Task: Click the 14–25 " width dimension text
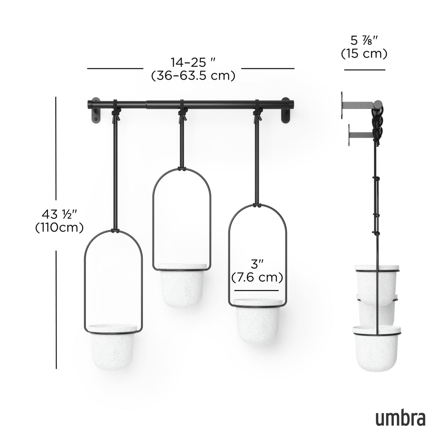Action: click(193, 61)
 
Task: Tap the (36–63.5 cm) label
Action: click(193, 76)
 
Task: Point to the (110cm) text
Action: click(59, 228)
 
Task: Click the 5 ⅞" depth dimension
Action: click(364, 39)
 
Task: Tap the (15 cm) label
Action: click(364, 54)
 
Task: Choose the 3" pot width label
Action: click(257, 264)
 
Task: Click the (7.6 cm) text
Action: click(257, 277)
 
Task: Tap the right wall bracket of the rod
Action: click(286, 112)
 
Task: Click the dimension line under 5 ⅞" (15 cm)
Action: click(365, 69)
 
